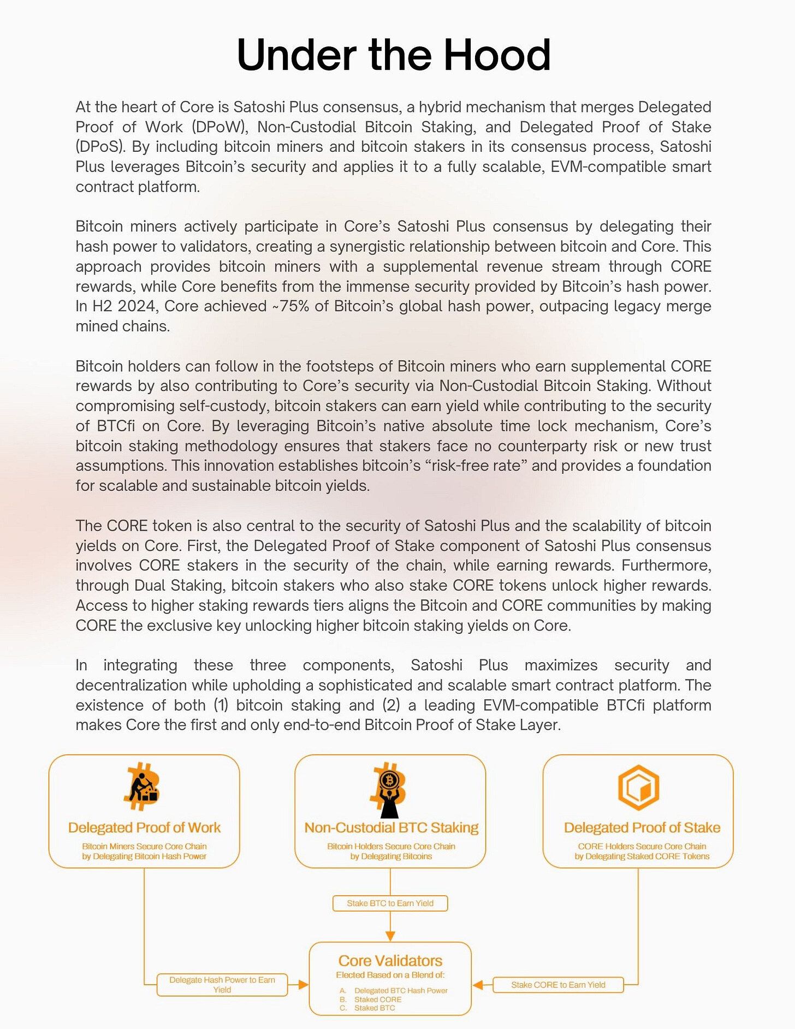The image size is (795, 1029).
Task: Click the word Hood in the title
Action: pos(496,55)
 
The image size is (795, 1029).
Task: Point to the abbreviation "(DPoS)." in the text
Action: pos(101,147)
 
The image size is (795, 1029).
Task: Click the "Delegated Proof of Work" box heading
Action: pos(144,828)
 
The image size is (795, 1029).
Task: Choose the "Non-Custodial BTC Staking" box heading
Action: pos(391,828)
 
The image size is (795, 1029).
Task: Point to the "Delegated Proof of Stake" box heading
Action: pos(642,828)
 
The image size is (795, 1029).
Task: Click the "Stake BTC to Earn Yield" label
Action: pos(390,903)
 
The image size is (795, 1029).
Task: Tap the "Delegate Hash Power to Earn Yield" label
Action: pos(222,985)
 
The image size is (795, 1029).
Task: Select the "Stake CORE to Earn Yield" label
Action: pos(558,985)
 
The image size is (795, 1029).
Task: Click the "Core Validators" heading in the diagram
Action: pos(390,961)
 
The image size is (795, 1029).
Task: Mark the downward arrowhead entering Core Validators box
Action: pos(390,936)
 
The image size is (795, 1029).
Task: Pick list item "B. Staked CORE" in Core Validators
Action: pos(377,1000)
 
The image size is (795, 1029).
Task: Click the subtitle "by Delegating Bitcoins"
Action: pos(391,856)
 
